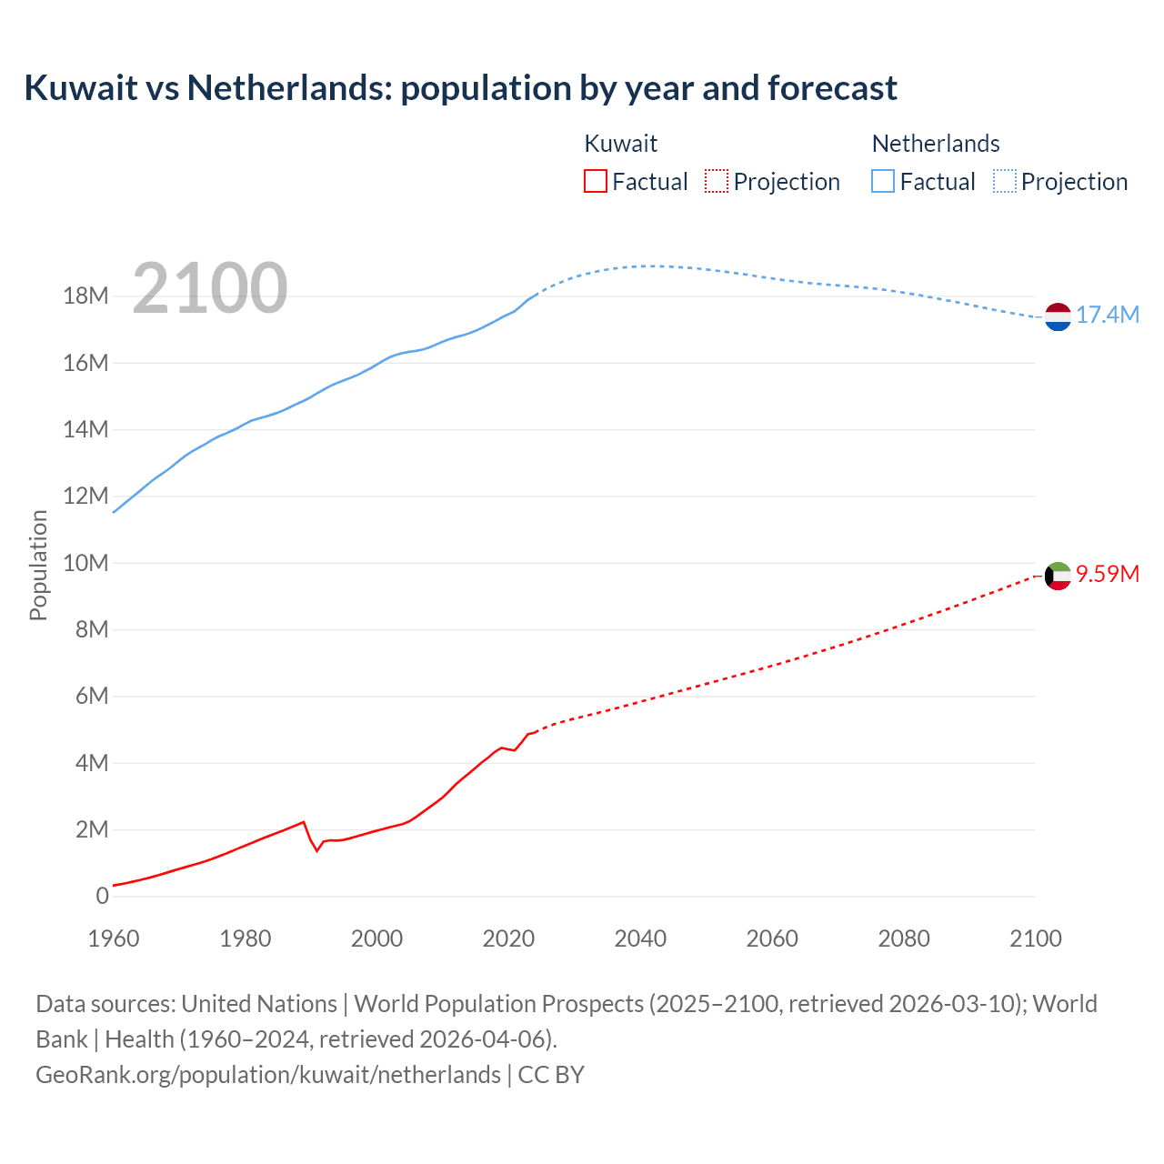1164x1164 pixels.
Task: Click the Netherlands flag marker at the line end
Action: coord(1058,316)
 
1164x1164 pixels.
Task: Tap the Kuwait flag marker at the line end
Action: coord(1058,576)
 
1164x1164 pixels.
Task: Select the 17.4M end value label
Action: coord(1108,316)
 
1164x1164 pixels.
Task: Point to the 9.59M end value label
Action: coord(1108,574)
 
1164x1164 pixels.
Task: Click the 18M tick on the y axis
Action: coord(85,296)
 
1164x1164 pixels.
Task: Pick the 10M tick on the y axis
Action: coord(85,563)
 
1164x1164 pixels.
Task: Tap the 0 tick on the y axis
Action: coord(102,896)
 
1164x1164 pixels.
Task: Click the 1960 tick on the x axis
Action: coord(114,938)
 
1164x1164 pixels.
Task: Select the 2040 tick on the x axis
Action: coord(640,938)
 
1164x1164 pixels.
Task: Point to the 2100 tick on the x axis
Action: coord(1035,938)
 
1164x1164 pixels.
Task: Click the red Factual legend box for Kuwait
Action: coord(596,182)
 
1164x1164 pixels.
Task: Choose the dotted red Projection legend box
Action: coord(717,182)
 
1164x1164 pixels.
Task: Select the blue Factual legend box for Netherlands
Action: coord(883,182)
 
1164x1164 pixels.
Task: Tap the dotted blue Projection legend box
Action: coord(1005,182)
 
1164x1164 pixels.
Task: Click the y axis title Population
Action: coord(38,565)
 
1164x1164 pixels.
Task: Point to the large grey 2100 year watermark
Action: coord(210,288)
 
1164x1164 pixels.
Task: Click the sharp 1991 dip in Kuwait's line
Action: coord(317,850)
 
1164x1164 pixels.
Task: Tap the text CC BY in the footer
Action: coord(551,1075)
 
